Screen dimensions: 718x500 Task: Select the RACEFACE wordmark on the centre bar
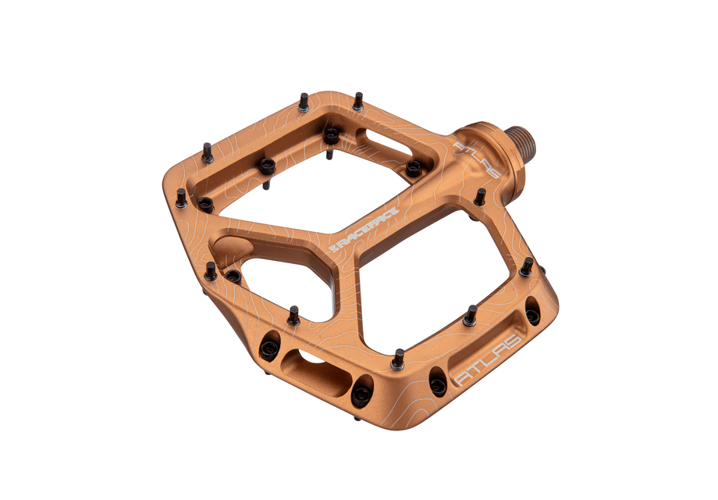[x=368, y=230]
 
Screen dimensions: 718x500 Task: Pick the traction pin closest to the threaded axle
[x=480, y=197]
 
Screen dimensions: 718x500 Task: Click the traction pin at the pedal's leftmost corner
[x=181, y=198]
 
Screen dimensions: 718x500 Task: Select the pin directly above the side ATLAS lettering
[x=470, y=316]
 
